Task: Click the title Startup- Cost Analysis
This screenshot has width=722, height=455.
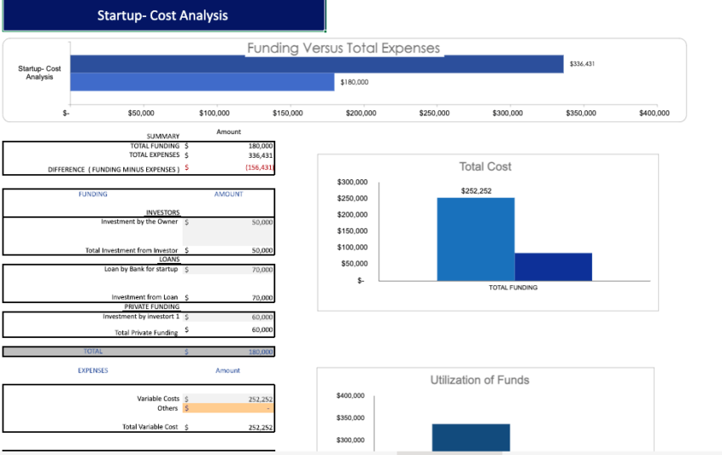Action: [162, 15]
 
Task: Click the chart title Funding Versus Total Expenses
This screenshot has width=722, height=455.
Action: [343, 48]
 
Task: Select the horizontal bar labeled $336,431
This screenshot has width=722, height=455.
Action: [316, 64]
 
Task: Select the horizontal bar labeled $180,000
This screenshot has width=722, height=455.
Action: [201, 82]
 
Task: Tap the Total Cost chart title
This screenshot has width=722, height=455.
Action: [485, 166]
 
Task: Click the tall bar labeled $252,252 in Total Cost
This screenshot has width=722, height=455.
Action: [475, 239]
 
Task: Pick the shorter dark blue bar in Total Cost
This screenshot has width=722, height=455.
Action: [553, 267]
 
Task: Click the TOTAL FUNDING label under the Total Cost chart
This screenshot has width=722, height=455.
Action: [513, 288]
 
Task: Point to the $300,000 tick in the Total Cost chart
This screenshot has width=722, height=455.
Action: [353, 183]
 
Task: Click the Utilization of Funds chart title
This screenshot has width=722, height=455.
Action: [479, 379]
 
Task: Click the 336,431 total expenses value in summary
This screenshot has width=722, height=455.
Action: [259, 155]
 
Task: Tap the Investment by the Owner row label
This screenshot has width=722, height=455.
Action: [139, 222]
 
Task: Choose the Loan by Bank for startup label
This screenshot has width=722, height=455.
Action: [141, 269]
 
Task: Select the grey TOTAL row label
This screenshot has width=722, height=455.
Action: [93, 351]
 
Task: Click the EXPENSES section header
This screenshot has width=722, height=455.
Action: [93, 371]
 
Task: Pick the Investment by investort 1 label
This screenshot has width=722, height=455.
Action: [140, 317]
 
